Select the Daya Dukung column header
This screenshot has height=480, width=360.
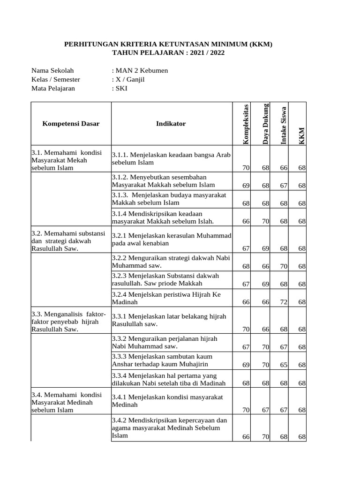(x=265, y=123)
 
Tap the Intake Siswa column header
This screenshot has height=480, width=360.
(x=284, y=124)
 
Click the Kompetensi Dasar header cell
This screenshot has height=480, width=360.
(x=71, y=124)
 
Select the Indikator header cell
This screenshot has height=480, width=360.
(x=171, y=124)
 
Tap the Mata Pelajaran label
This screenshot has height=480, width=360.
(x=53, y=88)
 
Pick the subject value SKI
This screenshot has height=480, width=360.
(x=120, y=88)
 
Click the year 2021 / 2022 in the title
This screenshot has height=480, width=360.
(x=205, y=53)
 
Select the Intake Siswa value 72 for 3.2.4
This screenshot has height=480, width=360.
(x=283, y=302)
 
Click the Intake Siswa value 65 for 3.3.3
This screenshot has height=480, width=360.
(x=283, y=365)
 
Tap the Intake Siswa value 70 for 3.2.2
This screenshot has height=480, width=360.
(x=283, y=267)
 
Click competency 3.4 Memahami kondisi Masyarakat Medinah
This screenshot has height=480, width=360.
(x=62, y=403)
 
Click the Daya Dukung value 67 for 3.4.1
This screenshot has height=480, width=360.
(x=265, y=410)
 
